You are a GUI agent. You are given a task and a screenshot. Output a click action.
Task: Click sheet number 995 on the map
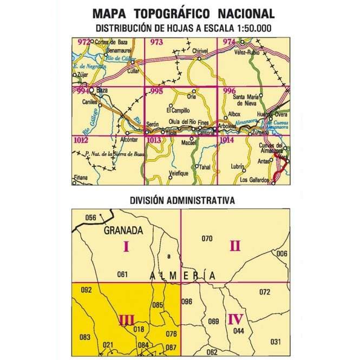pyautogui.click(x=156, y=91)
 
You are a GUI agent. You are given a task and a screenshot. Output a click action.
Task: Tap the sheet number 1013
pyautogui.click(x=154, y=141)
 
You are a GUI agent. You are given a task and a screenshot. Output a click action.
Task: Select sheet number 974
pyautogui.click(x=228, y=42)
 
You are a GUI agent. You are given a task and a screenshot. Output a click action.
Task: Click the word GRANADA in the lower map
pyautogui.click(x=124, y=230)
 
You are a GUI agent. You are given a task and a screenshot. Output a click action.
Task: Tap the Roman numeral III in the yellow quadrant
pyautogui.click(x=126, y=321)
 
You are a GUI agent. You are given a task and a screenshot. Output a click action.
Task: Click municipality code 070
pyautogui.click(x=206, y=238)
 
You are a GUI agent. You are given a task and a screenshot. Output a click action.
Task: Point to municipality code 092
pyautogui.click(x=85, y=290)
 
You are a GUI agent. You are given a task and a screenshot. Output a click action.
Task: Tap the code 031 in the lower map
pyautogui.click(x=276, y=342)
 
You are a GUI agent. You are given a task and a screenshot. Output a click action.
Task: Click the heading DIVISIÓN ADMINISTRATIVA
pyautogui.click(x=182, y=200)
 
